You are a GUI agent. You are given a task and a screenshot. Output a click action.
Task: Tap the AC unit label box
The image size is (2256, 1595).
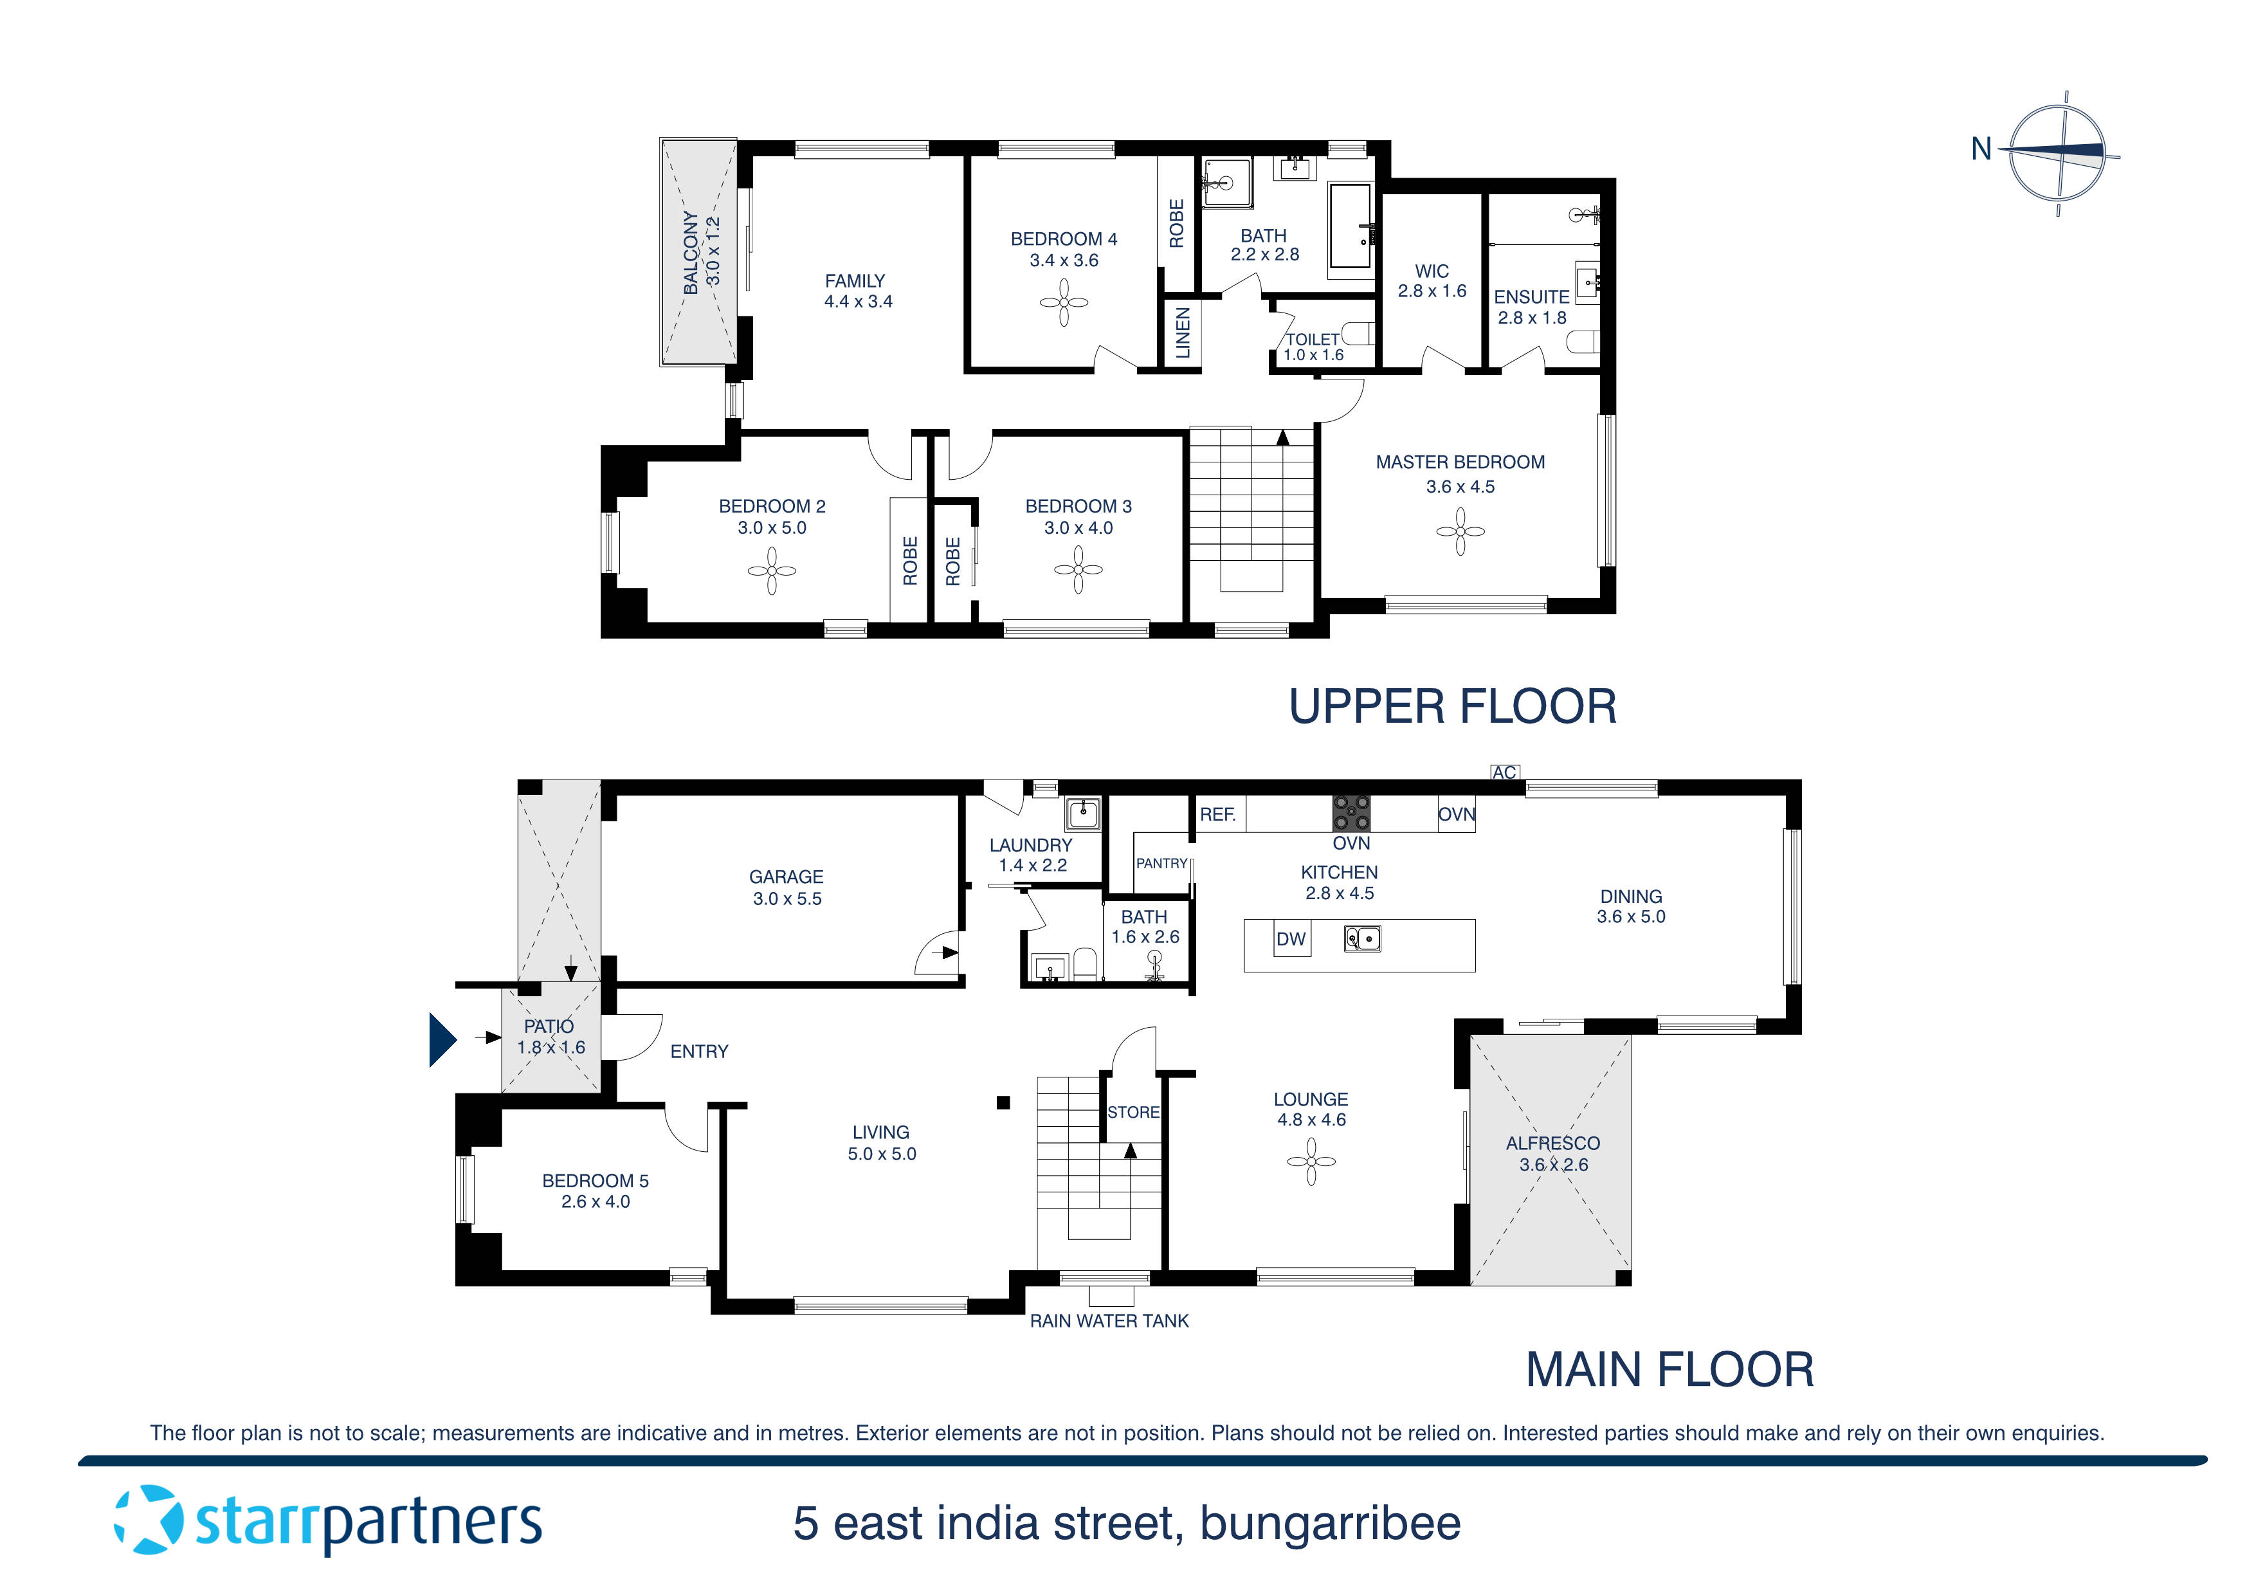tap(1504, 772)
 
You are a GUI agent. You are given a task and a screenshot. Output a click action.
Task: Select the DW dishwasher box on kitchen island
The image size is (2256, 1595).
tap(1290, 940)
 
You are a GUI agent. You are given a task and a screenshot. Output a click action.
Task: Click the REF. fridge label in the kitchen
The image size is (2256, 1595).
tap(1217, 815)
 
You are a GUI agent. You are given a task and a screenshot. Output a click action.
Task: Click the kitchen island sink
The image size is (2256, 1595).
tap(1362, 940)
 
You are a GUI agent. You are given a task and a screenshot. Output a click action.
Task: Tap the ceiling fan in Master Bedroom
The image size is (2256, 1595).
tap(1460, 532)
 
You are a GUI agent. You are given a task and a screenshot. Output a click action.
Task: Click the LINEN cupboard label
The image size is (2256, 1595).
tap(1182, 332)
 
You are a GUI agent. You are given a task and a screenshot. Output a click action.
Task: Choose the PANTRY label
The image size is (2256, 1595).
tap(1161, 864)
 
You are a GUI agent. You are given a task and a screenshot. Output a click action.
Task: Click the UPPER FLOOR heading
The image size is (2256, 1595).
tap(1451, 707)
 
